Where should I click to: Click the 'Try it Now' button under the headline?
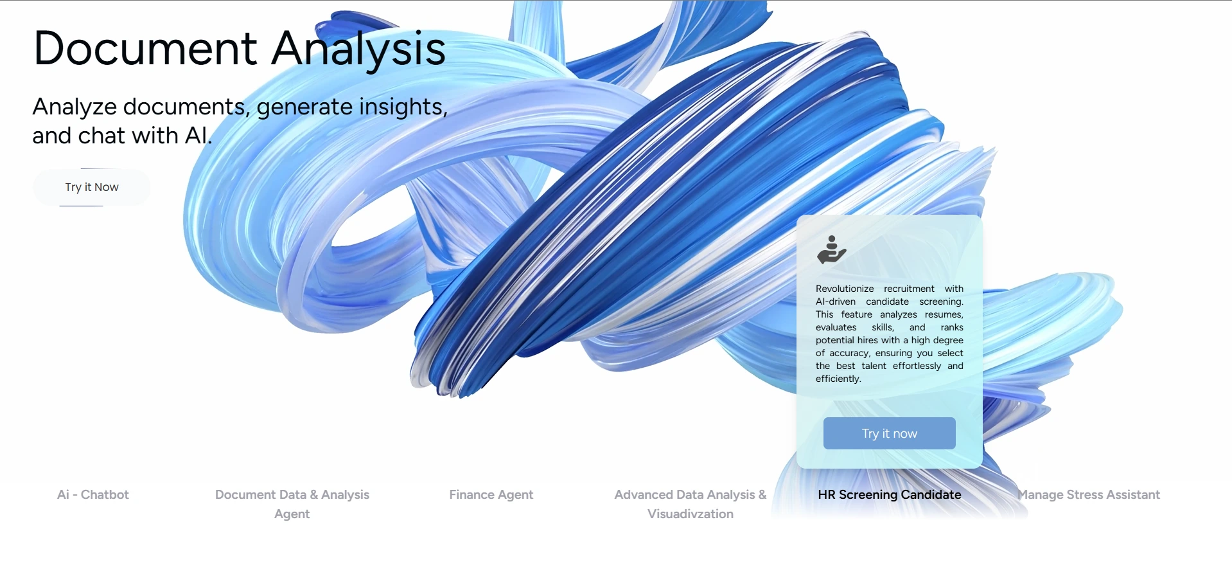[x=92, y=187]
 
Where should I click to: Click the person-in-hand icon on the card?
[x=831, y=249]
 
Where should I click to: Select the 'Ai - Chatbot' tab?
[x=93, y=494]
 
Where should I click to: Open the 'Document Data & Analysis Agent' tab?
[x=292, y=503]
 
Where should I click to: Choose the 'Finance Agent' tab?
[x=491, y=494]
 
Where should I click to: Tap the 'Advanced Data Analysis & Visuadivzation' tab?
[x=690, y=503]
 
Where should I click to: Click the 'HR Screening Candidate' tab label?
[x=889, y=494]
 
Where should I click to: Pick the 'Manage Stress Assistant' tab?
[x=1089, y=494]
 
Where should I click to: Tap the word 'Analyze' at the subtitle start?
[x=75, y=107]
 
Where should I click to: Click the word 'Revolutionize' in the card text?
[x=845, y=289]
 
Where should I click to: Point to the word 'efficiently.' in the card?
[x=838, y=379]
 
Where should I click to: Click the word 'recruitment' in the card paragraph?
[x=909, y=289]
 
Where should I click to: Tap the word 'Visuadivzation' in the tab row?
[x=690, y=514]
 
